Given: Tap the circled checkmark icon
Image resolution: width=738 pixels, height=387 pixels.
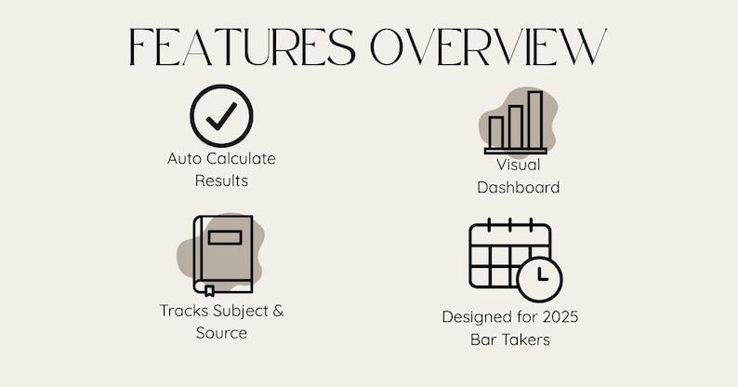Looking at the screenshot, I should pyautogui.click(x=221, y=115).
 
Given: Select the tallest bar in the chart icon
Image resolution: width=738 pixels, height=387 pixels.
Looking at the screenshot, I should pyautogui.click(x=535, y=119).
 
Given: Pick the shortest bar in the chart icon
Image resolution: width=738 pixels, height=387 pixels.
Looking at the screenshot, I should pyautogui.click(x=496, y=132).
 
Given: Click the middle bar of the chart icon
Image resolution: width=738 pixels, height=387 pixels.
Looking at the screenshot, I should pyautogui.click(x=516, y=127).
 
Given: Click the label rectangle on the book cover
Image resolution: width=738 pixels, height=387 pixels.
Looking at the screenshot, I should pyautogui.click(x=225, y=237).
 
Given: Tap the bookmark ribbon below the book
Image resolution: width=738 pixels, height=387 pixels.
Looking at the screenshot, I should pyautogui.click(x=209, y=291).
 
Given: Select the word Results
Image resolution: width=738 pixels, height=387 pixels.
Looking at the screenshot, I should pyautogui.click(x=221, y=180).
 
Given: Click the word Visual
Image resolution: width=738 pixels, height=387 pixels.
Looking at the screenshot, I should pyautogui.click(x=518, y=165).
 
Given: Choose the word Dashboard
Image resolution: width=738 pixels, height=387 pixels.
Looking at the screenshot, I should pyautogui.click(x=518, y=187).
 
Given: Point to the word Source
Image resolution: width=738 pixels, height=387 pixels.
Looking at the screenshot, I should pyautogui.click(x=221, y=332).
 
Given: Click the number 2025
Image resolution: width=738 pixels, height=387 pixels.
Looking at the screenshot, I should pyautogui.click(x=558, y=317).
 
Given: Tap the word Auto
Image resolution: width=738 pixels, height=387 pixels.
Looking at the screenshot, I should pyautogui.click(x=184, y=159).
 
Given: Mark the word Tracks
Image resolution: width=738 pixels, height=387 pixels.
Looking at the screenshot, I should pyautogui.click(x=182, y=311).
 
